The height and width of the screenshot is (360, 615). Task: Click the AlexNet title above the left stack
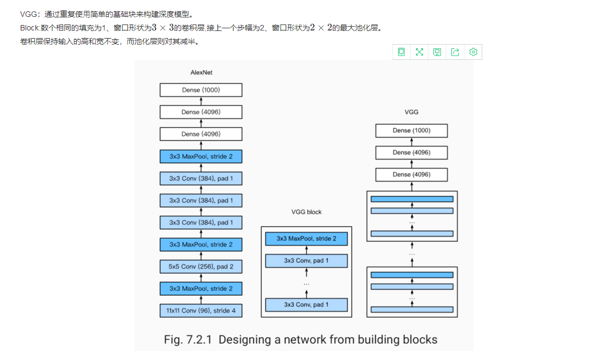(x=201, y=72)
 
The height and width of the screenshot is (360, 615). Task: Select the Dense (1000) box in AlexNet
(x=201, y=90)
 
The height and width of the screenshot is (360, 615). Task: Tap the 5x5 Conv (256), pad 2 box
(x=201, y=266)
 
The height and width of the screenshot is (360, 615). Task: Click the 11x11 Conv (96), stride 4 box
(x=201, y=311)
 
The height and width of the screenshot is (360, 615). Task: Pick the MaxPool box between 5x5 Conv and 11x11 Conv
(x=201, y=288)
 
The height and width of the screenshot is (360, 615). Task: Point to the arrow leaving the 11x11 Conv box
(x=201, y=300)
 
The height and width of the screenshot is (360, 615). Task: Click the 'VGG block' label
(x=306, y=212)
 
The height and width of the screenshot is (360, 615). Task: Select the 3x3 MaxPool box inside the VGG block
(x=306, y=238)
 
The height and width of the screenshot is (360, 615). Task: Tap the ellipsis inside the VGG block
(x=306, y=283)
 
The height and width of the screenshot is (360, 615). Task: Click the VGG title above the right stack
(x=411, y=113)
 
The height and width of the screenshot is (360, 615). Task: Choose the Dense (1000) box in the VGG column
(x=411, y=131)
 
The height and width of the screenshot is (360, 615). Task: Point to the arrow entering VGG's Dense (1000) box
(x=411, y=141)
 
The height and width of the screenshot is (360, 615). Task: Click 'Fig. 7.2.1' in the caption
(x=188, y=340)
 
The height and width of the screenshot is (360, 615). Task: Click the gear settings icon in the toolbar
(x=473, y=52)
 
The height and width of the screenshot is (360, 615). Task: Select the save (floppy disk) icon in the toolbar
(x=437, y=52)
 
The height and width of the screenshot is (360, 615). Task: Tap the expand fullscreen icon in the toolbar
(x=419, y=52)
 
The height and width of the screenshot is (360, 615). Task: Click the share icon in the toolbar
(x=455, y=52)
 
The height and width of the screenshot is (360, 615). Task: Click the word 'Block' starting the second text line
(x=29, y=28)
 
